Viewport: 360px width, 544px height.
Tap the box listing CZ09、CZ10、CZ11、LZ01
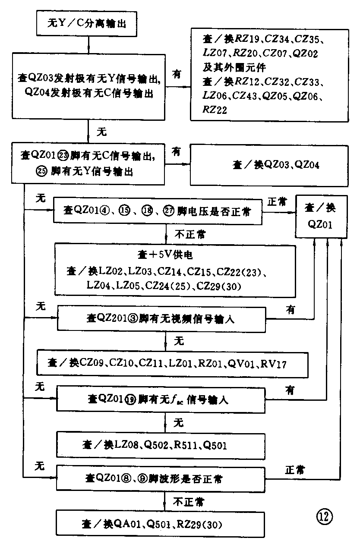tap(173, 364)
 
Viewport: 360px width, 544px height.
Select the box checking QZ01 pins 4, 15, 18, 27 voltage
tap(158, 210)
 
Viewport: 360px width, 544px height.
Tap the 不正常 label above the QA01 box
tap(189, 502)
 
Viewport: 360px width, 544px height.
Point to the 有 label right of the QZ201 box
tap(290, 309)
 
